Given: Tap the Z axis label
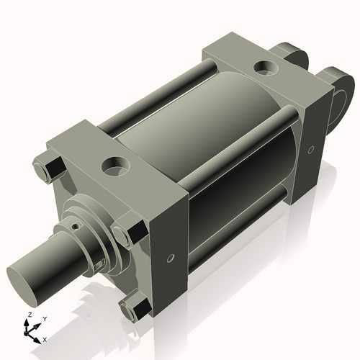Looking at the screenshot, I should [28, 315].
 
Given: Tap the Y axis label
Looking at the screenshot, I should [44, 318].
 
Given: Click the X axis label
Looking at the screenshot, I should [45, 338].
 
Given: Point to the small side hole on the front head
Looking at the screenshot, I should [170, 258].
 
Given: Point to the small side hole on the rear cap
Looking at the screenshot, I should [311, 150].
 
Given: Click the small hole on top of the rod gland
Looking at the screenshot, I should [75, 224].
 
